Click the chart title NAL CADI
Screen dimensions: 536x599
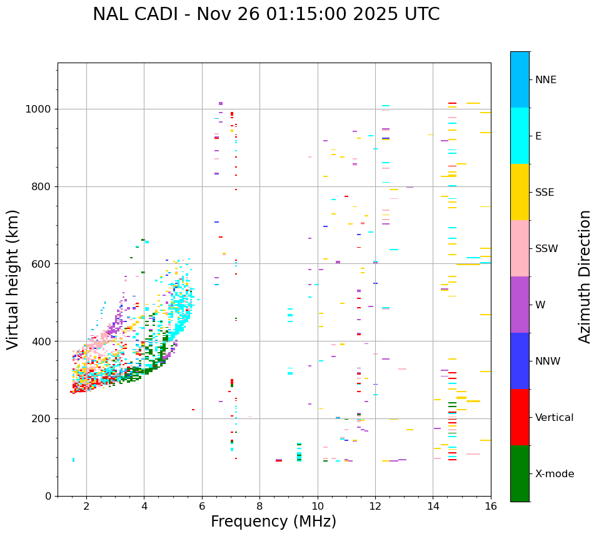coord(266,14)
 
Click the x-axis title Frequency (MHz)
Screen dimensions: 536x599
coord(273,522)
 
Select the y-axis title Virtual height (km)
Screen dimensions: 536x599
coord(13,280)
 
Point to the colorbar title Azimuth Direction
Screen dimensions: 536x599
coord(585,276)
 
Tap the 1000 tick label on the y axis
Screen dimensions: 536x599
coord(39,109)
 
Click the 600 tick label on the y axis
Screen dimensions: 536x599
coord(41,264)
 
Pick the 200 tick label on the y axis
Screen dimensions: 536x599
coord(41,418)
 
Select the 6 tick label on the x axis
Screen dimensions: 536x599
coord(202,506)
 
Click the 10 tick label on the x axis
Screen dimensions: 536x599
coord(318,506)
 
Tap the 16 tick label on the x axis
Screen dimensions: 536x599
coord(491,506)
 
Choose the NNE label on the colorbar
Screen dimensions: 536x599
coord(545,80)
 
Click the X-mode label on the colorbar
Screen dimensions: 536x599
coord(554,474)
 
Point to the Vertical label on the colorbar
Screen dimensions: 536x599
coord(554,418)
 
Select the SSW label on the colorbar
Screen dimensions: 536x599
coord(546,249)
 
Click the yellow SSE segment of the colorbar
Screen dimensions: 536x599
coord(520,192)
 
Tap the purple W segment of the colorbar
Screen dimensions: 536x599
coord(520,305)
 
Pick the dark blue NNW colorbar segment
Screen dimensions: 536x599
coord(520,361)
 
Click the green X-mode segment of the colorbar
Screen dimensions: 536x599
coord(520,473)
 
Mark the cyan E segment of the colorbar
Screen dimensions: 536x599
coord(520,136)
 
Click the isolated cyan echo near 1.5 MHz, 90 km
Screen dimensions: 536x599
coord(73,460)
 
